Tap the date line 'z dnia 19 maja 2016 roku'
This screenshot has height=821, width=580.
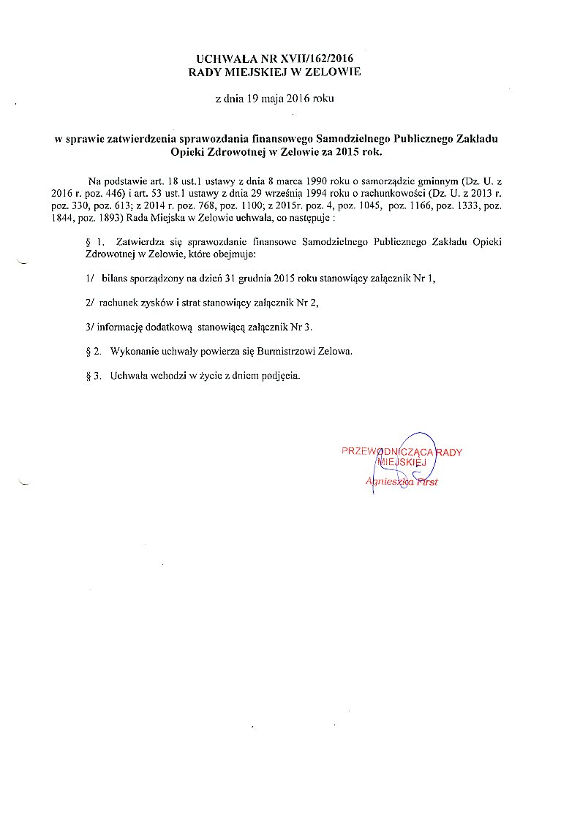pyautogui.click(x=274, y=98)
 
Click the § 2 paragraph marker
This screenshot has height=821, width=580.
pyautogui.click(x=93, y=352)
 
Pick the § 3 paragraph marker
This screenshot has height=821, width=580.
pyautogui.click(x=93, y=377)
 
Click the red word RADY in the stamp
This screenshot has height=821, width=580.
pyautogui.click(x=450, y=453)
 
